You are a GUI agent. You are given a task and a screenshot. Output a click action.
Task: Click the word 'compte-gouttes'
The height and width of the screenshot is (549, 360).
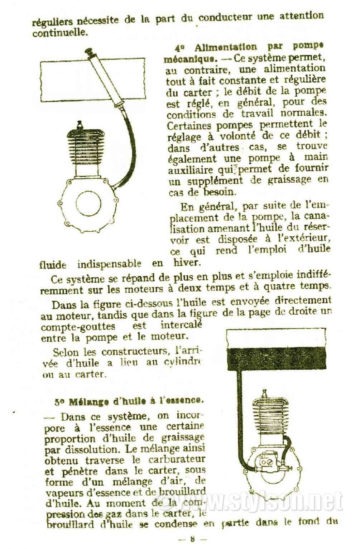(78, 326)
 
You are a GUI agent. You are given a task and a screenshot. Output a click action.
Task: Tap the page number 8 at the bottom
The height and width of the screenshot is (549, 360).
(192, 538)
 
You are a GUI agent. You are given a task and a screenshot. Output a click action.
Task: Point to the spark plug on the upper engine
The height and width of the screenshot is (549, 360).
(80, 126)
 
